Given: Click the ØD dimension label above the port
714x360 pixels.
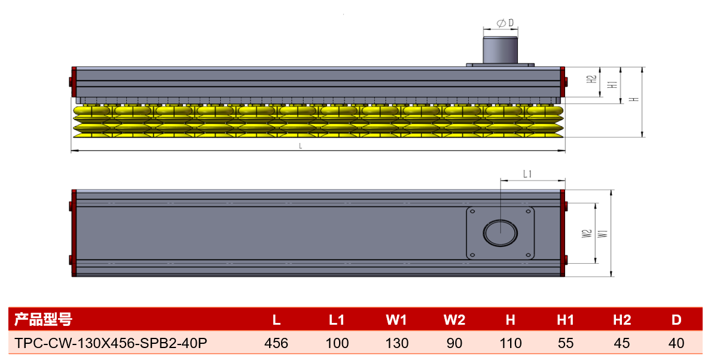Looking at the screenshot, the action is pyautogui.click(x=505, y=23).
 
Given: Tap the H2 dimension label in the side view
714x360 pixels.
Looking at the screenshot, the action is pyautogui.click(x=591, y=79).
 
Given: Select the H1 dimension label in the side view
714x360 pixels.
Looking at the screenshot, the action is pyautogui.click(x=612, y=84).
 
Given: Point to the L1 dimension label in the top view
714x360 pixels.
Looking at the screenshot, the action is pyautogui.click(x=527, y=174).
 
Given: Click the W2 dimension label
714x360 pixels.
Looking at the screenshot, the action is pyautogui.click(x=587, y=234).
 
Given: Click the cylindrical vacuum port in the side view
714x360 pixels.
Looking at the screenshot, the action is pyautogui.click(x=500, y=50).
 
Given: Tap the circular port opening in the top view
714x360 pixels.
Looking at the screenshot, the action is pyautogui.click(x=501, y=233).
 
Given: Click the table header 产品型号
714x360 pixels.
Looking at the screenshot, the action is pyautogui.click(x=43, y=319).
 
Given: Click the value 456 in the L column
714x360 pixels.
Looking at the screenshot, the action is pyautogui.click(x=276, y=343).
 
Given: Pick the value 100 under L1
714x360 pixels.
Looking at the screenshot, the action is pyautogui.click(x=337, y=343).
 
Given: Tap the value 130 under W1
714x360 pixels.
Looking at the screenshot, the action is pyautogui.click(x=396, y=343).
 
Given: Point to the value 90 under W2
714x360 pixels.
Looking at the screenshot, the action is pyautogui.click(x=454, y=343).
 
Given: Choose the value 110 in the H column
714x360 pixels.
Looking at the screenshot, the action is pyautogui.click(x=510, y=343).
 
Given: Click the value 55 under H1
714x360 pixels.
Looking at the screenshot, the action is pyautogui.click(x=566, y=343).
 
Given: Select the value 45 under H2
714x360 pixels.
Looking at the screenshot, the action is pyautogui.click(x=622, y=343).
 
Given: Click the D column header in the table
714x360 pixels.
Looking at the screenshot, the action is pyautogui.click(x=676, y=320).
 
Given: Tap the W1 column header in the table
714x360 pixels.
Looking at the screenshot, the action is pyautogui.click(x=396, y=320).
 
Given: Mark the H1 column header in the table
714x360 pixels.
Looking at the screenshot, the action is pyautogui.click(x=566, y=320).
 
